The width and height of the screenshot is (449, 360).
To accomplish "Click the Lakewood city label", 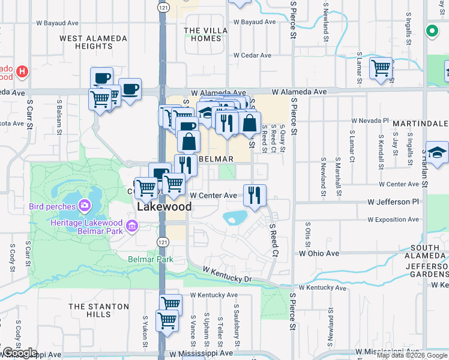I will tap(164, 206).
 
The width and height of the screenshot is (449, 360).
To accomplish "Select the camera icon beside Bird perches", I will tap(85, 206).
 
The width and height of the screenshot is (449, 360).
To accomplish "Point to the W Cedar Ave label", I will tap(253, 55).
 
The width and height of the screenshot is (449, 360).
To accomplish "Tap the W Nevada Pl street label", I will tap(370, 121).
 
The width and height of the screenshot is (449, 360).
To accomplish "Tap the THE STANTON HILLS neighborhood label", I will tap(98, 310).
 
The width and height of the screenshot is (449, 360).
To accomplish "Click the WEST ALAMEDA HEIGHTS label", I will tap(93, 42).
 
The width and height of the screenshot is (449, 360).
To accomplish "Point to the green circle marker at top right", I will tap(431, 31).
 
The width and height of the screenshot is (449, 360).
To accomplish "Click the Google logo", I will tap(19, 353).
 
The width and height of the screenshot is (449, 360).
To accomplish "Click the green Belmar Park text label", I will tap(150, 260).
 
